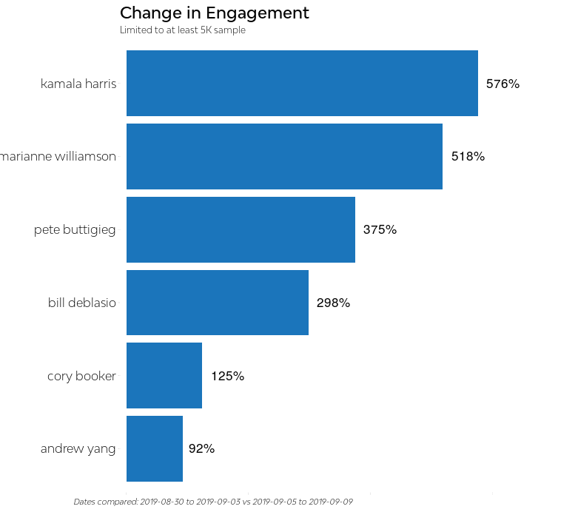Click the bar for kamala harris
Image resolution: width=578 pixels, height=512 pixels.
[302, 84]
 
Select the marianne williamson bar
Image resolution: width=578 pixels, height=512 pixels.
[284, 157]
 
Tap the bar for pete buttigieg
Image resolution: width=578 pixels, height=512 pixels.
[241, 229]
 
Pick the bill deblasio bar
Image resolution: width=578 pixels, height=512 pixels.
[218, 303]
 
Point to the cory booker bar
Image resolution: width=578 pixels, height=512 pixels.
[164, 376]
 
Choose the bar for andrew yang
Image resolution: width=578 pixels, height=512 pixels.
[155, 448]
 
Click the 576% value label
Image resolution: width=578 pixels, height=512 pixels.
[503, 84]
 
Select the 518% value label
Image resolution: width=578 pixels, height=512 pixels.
[468, 157]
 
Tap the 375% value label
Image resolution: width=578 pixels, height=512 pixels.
[380, 230]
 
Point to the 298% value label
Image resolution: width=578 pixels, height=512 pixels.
[333, 303]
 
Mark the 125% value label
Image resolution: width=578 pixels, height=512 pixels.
[227, 377]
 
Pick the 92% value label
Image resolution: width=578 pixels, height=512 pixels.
[201, 449]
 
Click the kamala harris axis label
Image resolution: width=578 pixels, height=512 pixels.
[78, 84]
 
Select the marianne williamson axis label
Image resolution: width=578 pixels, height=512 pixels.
[58, 157]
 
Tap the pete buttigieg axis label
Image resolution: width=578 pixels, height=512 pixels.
[75, 230]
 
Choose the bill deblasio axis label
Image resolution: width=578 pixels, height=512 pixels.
[82, 303]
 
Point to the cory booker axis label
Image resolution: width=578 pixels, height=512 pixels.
[81, 377]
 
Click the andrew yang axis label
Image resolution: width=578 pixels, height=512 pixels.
[78, 449]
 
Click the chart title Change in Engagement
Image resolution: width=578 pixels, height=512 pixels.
[215, 13]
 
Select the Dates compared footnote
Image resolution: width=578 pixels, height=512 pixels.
[213, 502]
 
